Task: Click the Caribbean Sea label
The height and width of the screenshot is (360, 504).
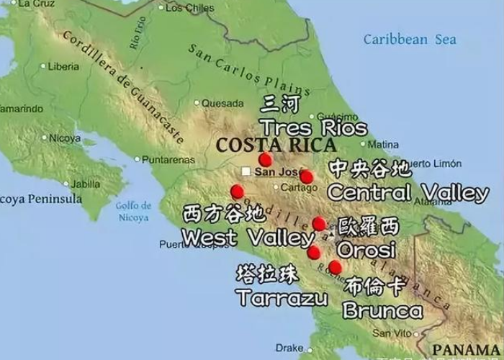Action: tap(410, 40)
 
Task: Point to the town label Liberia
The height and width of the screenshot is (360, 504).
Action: tap(63, 66)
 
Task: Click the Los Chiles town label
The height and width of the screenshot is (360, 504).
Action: tap(190, 8)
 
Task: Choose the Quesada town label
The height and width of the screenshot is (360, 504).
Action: tap(222, 103)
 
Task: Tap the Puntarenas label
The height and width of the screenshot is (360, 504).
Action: tap(166, 159)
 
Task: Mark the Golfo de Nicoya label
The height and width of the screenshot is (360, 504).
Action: tap(132, 210)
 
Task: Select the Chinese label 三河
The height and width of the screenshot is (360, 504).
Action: tap(282, 105)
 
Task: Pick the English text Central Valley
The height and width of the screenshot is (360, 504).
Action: tap(408, 193)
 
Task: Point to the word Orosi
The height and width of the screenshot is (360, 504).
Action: tap(367, 250)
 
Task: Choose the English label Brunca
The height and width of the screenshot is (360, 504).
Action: tap(382, 310)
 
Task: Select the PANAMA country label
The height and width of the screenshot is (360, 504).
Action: tap(468, 350)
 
